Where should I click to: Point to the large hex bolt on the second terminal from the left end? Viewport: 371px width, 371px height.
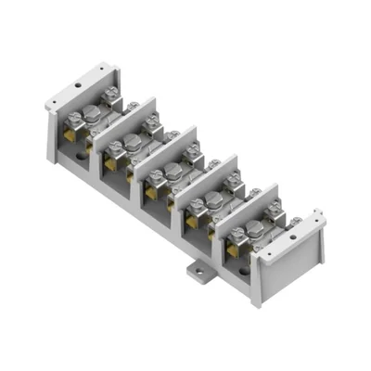tap(133, 142)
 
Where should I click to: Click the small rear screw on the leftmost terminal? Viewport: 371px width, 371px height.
tap(112, 92)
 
